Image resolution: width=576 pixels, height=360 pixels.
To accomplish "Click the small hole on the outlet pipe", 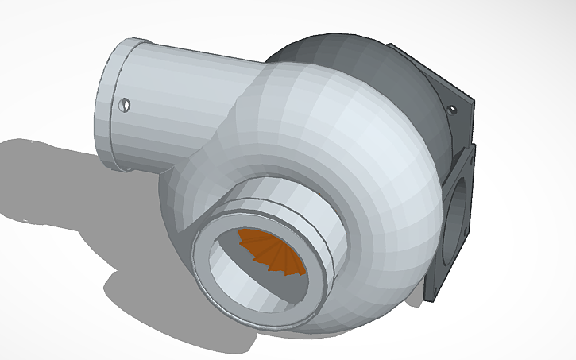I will pos(125,104).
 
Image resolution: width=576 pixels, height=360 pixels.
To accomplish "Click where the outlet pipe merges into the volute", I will pos(246,95).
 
